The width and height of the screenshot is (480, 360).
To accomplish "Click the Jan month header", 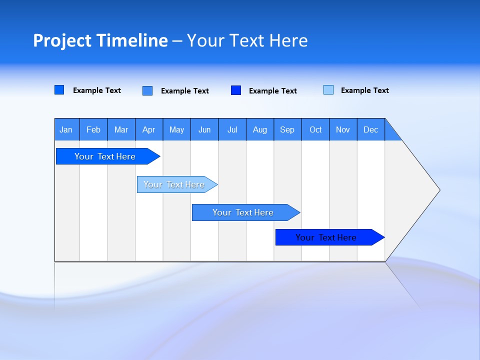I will point(66,129).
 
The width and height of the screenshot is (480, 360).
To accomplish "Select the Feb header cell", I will point(93,129).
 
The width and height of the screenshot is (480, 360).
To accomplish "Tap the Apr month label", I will point(148,129).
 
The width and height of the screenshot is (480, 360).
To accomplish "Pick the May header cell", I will point(176,129).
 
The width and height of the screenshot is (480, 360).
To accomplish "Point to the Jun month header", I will point(204,129).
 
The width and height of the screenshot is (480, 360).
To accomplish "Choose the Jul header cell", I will point(232,129).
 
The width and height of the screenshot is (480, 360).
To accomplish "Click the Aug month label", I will point(260,129).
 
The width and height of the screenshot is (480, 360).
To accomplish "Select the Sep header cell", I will point(287,129).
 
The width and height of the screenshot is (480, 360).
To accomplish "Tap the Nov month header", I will point(343,129).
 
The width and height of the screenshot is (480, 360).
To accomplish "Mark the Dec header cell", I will point(370,129).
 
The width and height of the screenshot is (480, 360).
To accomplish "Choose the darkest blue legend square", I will point(236,90).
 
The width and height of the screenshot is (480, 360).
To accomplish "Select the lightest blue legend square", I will point(328,90).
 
